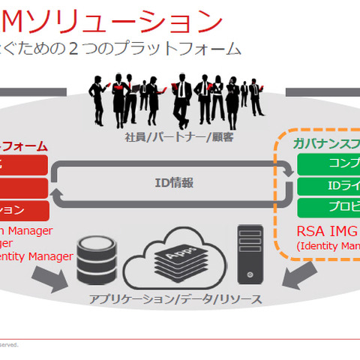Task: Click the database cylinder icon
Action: pyautogui.click(x=99, y=259)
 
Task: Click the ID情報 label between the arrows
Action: pyautogui.click(x=173, y=181)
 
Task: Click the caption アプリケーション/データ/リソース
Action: pyautogui.click(x=176, y=299)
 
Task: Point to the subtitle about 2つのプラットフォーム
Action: pyautogui.click(x=120, y=49)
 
